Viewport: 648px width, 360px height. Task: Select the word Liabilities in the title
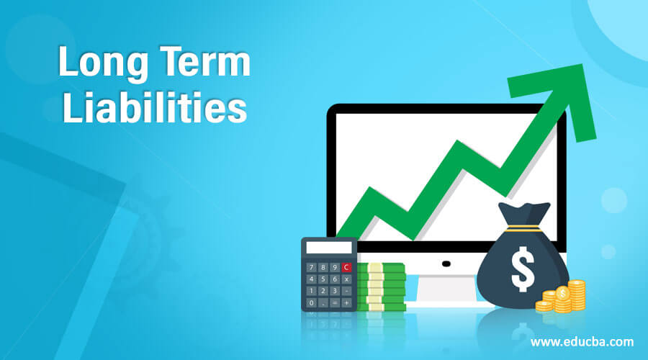(x=154, y=109)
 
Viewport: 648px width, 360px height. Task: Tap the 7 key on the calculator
(x=311, y=267)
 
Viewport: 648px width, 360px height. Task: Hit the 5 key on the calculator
(x=323, y=279)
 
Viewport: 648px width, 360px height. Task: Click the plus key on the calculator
(x=347, y=303)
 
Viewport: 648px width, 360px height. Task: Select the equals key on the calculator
(x=336, y=303)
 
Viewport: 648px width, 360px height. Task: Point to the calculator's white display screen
(x=328, y=248)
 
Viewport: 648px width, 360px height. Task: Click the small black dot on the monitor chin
(x=446, y=263)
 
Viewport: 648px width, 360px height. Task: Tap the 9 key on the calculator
(x=335, y=267)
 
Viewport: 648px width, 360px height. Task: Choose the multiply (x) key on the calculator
(x=347, y=279)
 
